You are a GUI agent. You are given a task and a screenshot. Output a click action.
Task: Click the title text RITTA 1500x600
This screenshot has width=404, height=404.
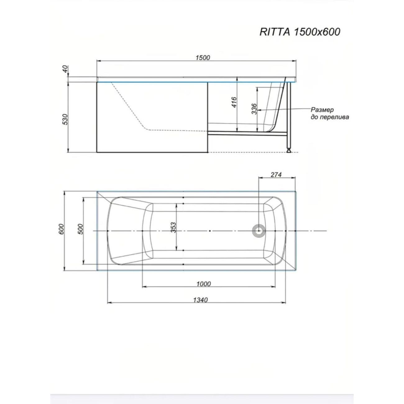300,32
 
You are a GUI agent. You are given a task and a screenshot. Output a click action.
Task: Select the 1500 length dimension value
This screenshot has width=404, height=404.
203,57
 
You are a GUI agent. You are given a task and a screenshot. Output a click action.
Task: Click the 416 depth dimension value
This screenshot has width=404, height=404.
234,102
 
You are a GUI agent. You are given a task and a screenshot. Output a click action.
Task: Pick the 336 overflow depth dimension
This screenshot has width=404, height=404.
254,109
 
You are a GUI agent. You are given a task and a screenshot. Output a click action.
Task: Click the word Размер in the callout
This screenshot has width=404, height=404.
322,110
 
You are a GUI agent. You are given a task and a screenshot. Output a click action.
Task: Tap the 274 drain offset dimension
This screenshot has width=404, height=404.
276,175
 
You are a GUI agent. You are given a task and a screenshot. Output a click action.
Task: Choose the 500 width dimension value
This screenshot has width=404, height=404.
80,229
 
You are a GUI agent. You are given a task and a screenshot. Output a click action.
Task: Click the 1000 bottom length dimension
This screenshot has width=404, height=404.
204,283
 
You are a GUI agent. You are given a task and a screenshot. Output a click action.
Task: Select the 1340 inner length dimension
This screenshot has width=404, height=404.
200,300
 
